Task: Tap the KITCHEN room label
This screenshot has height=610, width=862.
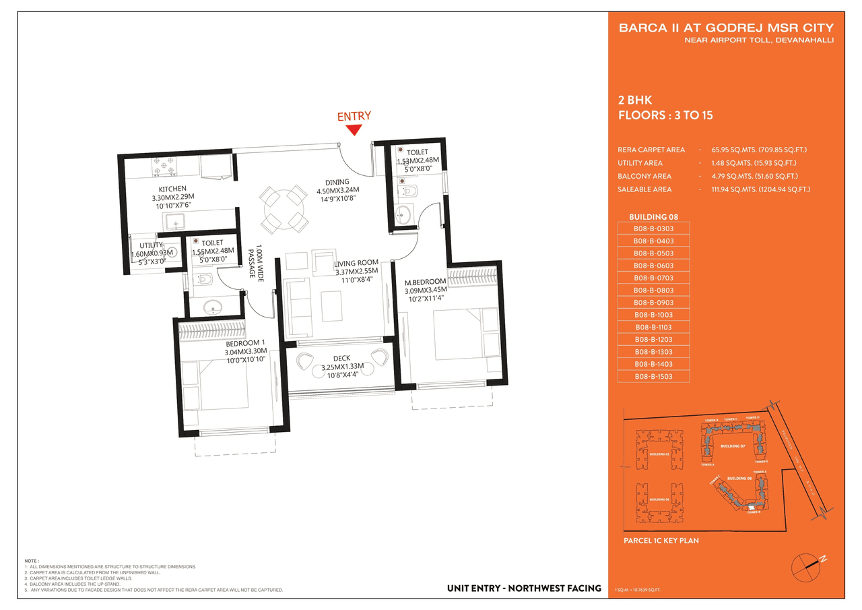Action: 172,189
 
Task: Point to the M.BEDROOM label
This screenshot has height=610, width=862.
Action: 425,281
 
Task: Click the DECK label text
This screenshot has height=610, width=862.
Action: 341,359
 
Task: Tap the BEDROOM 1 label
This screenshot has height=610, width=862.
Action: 246,342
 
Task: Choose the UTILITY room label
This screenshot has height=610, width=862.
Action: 152,245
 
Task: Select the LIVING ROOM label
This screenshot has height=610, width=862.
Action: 357,263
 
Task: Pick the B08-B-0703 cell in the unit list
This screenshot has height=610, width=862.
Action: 653,278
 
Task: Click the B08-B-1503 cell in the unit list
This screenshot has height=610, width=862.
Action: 653,376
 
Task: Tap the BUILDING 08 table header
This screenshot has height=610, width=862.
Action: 653,217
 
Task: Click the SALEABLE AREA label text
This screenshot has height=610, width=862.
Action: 644,189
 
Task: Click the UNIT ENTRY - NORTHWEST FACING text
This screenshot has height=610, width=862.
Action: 524,588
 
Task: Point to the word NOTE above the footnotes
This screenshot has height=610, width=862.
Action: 32,561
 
